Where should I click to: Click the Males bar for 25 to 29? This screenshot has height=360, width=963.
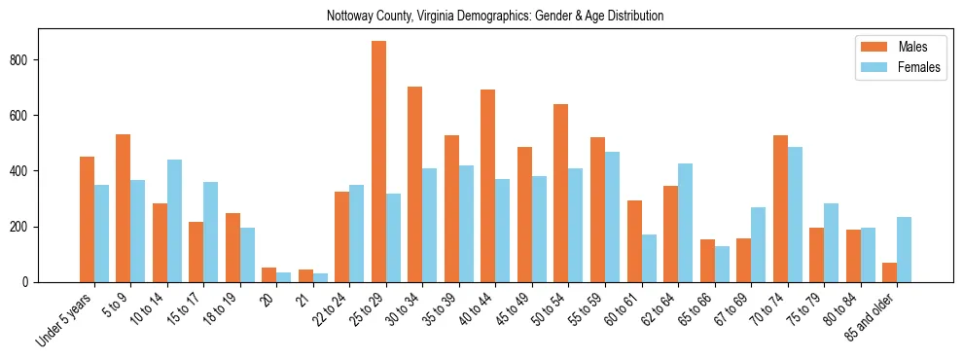coord(378,162)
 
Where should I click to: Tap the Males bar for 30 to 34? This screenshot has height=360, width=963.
coord(415,184)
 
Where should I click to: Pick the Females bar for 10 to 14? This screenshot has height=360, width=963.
coord(174,221)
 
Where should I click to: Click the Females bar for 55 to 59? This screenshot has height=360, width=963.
coord(612,217)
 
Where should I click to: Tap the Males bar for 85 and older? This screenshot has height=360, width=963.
coord(889,272)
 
